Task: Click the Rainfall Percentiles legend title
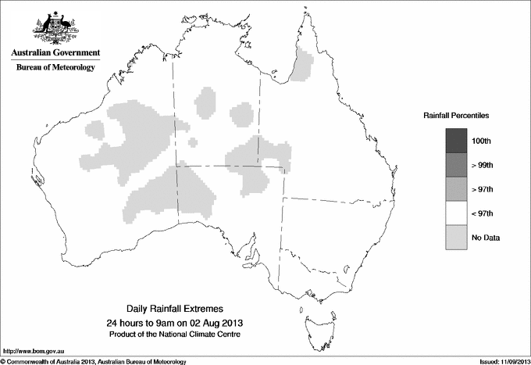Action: pos(456,116)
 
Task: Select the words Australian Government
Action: pos(55,53)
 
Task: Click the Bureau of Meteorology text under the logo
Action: pos(55,67)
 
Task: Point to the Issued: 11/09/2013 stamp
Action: pos(500,361)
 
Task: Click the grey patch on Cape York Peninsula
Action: pos(301,65)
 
